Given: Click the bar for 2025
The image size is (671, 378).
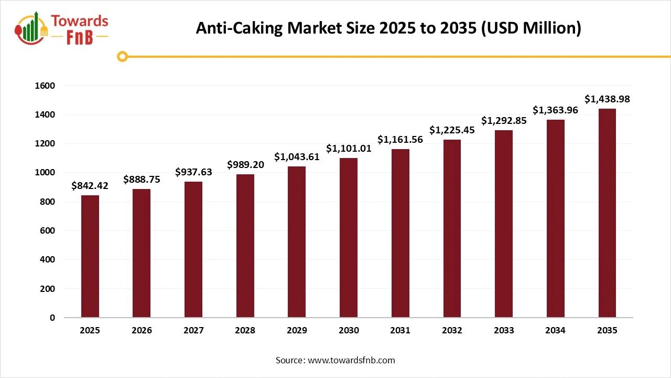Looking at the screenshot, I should pyautogui.click(x=90, y=256).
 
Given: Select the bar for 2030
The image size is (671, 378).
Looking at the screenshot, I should pyautogui.click(x=349, y=237).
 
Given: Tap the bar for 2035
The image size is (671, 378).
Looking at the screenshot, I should pyautogui.click(x=607, y=213).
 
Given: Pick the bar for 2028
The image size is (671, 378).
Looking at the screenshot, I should pyautogui.click(x=245, y=246).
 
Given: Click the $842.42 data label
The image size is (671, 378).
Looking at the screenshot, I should pyautogui.click(x=90, y=186).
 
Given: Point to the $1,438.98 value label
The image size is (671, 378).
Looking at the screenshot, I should pyautogui.click(x=607, y=99).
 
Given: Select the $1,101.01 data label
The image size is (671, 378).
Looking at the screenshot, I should pyautogui.click(x=349, y=149).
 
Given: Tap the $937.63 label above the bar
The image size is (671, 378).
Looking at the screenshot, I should pyautogui.click(x=193, y=172).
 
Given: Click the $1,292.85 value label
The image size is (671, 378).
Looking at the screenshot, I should pyautogui.click(x=504, y=121).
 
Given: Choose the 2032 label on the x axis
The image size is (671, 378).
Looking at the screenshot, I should pyautogui.click(x=452, y=331).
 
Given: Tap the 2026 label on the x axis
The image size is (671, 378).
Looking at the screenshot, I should pyautogui.click(x=142, y=331).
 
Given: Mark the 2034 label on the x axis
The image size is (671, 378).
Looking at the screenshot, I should pyautogui.click(x=555, y=331).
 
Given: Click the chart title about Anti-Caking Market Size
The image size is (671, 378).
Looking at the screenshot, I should pyautogui.click(x=388, y=28).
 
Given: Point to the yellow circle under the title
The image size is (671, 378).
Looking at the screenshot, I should pyautogui.click(x=122, y=56).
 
